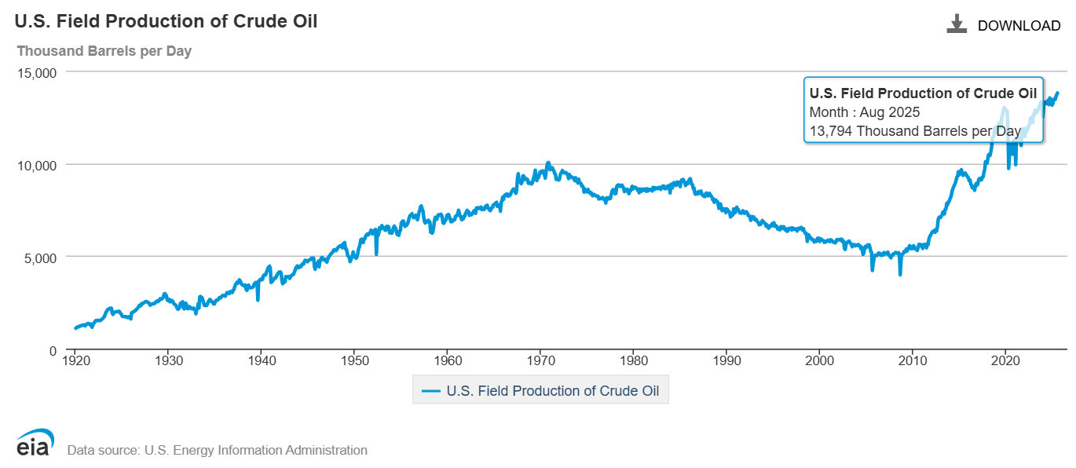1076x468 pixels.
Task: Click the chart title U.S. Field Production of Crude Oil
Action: click(166, 21)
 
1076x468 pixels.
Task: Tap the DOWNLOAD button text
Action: click(1019, 26)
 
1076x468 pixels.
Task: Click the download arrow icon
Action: click(956, 24)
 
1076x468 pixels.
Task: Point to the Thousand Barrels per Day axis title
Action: click(104, 51)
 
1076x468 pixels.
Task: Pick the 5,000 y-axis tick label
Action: click(40, 257)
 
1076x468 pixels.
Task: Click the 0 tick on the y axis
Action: click(52, 350)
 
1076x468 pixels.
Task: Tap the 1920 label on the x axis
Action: click(75, 360)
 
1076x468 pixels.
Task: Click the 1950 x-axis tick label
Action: click(353, 360)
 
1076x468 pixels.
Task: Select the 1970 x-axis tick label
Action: click(540, 360)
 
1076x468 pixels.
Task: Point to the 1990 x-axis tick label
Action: click(726, 360)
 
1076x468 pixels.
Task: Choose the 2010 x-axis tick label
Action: click(912, 360)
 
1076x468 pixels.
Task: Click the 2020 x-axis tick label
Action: click(1005, 360)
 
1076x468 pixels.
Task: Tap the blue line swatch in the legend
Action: click(430, 390)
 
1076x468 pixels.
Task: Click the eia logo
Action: click(35, 444)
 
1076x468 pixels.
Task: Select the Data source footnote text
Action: click(218, 451)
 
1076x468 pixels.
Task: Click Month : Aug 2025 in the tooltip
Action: click(864, 112)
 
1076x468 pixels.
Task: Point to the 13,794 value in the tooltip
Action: click(831, 130)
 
